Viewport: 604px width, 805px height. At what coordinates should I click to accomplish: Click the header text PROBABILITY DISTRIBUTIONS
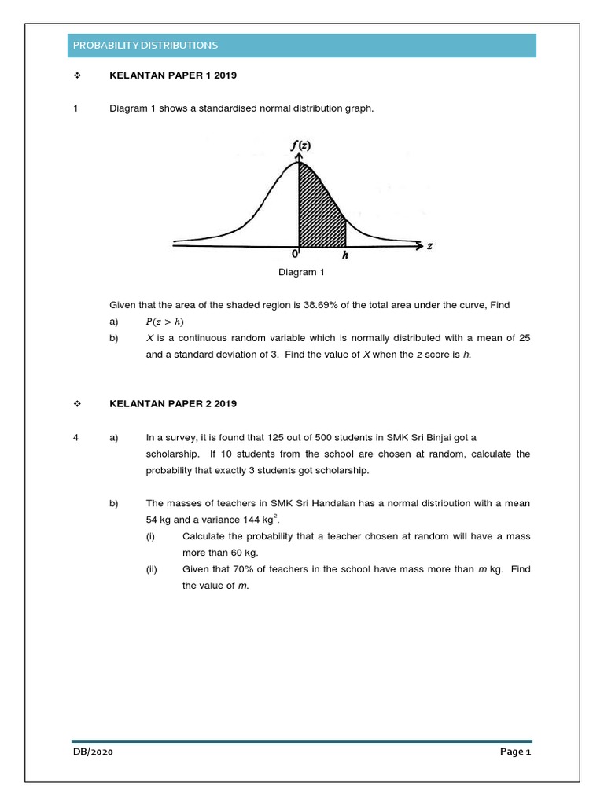click(145, 46)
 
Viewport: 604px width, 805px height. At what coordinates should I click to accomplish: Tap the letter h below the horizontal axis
click(345, 255)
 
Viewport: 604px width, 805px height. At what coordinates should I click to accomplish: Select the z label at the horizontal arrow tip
click(430, 246)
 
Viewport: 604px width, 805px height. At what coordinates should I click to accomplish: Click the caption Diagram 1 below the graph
click(300, 273)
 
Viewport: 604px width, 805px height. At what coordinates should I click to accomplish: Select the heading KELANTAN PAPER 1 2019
click(172, 75)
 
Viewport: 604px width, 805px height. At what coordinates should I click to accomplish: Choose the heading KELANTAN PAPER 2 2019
click(172, 403)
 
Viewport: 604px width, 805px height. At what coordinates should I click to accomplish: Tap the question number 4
click(75, 436)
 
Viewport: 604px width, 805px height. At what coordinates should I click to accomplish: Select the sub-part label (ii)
click(151, 569)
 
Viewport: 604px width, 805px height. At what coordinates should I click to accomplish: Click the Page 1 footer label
click(516, 752)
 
